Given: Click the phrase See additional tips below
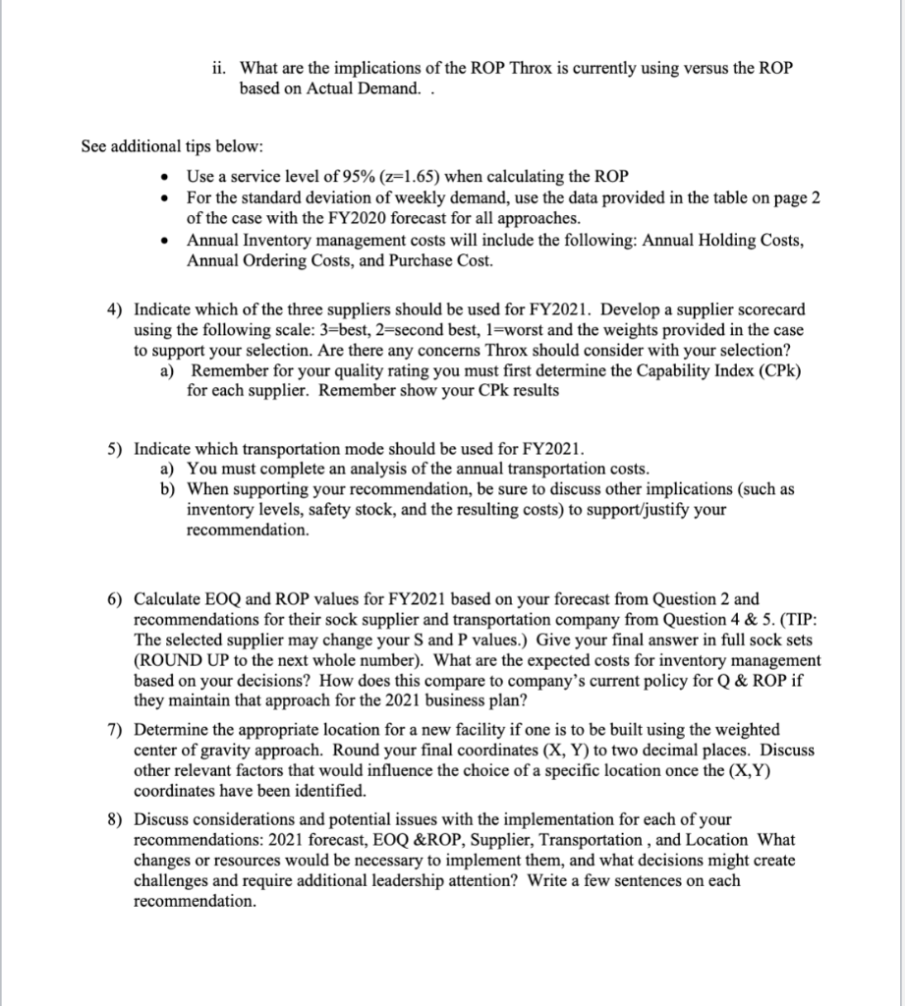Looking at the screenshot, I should point(172,146).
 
